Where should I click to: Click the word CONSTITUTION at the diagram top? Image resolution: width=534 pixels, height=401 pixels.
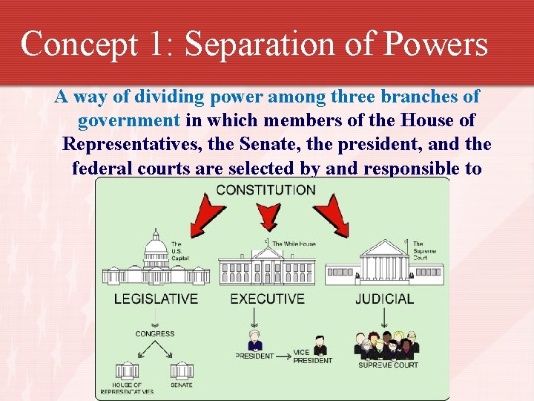point(266,189)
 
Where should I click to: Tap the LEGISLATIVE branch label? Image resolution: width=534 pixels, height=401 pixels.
point(156,299)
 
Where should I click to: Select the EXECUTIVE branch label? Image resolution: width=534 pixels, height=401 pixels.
point(267,299)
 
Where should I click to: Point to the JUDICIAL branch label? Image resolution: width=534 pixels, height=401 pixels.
point(384,299)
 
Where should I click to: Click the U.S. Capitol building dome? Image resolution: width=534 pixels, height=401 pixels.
point(156,245)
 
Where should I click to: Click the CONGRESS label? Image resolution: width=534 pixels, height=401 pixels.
point(155,334)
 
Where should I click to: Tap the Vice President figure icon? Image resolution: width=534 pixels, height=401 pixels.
point(320,346)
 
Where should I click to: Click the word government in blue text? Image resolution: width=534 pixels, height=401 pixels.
point(129,120)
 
